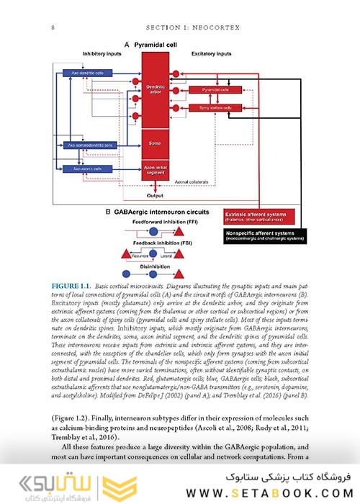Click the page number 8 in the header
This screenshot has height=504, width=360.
click(53, 28)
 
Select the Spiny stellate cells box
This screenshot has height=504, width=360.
click(215, 108)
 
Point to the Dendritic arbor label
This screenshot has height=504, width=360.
click(151, 89)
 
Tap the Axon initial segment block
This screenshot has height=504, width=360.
click(151, 170)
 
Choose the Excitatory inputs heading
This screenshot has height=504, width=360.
click(211, 54)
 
